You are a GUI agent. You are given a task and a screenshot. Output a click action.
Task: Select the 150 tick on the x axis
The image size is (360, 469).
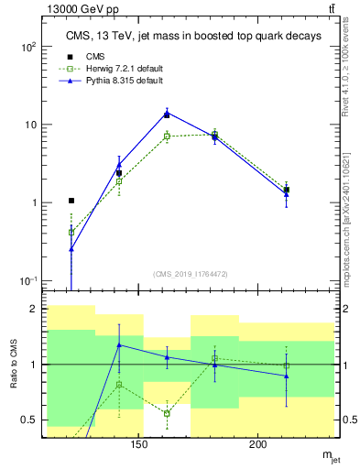tap(139, 443)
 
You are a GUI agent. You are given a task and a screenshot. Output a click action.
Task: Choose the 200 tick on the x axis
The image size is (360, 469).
tap(258, 443)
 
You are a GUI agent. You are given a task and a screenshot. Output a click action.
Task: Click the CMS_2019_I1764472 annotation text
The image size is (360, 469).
tap(189, 274)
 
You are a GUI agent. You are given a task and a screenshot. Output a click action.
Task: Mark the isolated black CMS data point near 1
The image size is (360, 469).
tap(71, 200)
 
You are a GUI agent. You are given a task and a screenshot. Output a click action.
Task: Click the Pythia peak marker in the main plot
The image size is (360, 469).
tap(167, 114)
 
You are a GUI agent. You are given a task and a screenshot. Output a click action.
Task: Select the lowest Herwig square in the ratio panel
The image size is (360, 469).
tap(167, 413)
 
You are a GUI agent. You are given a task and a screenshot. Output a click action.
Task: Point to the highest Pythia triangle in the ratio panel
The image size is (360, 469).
tap(119, 345)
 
